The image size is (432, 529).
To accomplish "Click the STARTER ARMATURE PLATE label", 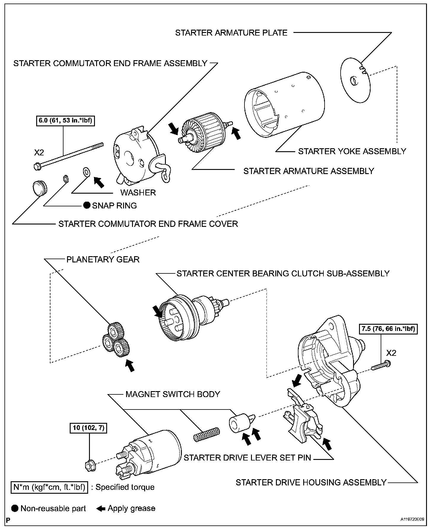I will [x=231, y=33].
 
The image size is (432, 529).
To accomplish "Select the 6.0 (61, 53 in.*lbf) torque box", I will [x=65, y=121].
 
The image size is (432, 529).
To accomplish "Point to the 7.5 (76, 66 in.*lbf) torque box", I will [x=388, y=329].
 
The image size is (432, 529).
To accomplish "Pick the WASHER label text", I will [x=138, y=192].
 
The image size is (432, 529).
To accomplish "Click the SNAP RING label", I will [x=114, y=205].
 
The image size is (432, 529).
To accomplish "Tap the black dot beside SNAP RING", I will [x=87, y=205].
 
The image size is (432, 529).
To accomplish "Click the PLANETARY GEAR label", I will [x=103, y=259].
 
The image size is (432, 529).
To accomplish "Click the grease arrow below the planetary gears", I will [x=130, y=365].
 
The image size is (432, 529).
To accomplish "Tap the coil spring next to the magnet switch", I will [x=207, y=435].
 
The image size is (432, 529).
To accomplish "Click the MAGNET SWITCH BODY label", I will [x=173, y=394].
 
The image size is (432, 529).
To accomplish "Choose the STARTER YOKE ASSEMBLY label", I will [x=352, y=151].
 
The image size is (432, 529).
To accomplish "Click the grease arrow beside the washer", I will [x=99, y=182].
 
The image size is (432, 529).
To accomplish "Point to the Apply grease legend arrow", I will [x=101, y=509].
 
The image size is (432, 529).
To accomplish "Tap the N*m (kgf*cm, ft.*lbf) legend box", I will [x=49, y=487].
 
